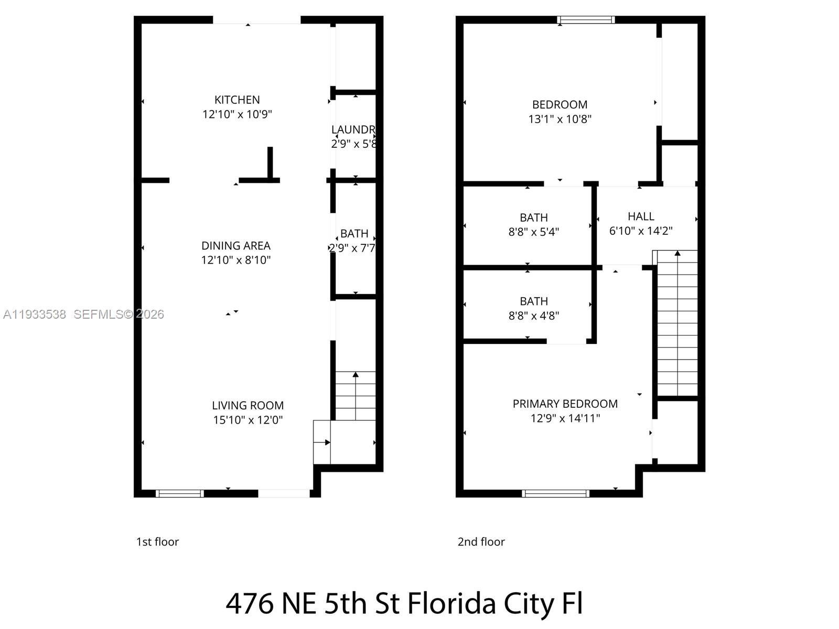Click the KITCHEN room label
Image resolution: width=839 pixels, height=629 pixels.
[237, 100]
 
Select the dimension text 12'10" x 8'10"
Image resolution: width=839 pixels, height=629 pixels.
[236, 260]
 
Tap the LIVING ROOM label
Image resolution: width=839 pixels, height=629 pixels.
[248, 405]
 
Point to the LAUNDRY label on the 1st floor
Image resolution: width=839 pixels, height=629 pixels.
[353, 129]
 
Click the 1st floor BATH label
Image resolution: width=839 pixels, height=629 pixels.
[354, 234]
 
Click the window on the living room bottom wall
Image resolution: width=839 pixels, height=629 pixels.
[180, 493]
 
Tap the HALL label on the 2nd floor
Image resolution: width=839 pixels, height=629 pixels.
[641, 216]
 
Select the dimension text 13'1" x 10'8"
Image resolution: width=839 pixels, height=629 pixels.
[560, 119]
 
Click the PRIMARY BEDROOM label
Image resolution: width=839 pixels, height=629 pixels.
[565, 404]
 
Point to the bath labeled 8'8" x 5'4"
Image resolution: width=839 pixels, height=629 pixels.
[533, 218]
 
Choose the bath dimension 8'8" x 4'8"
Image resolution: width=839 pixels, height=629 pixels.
[533, 316]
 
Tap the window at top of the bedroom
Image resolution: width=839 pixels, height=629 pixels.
[586, 20]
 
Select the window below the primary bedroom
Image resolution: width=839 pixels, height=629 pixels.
[555, 493]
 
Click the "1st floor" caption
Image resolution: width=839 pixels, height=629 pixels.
[157, 542]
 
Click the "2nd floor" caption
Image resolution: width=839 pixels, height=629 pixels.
[481, 542]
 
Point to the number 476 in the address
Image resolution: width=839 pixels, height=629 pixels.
[250, 603]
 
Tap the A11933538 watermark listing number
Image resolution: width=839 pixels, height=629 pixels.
[35, 314]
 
